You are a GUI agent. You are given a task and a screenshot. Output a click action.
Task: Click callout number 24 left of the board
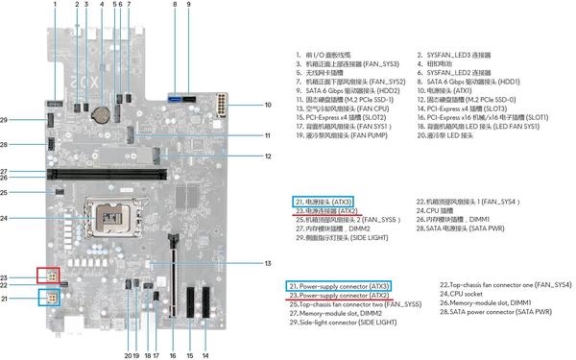(32, 219)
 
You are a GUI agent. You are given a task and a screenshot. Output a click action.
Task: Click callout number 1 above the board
(55, 6)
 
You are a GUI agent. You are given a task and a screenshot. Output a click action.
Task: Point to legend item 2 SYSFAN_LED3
(467, 54)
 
